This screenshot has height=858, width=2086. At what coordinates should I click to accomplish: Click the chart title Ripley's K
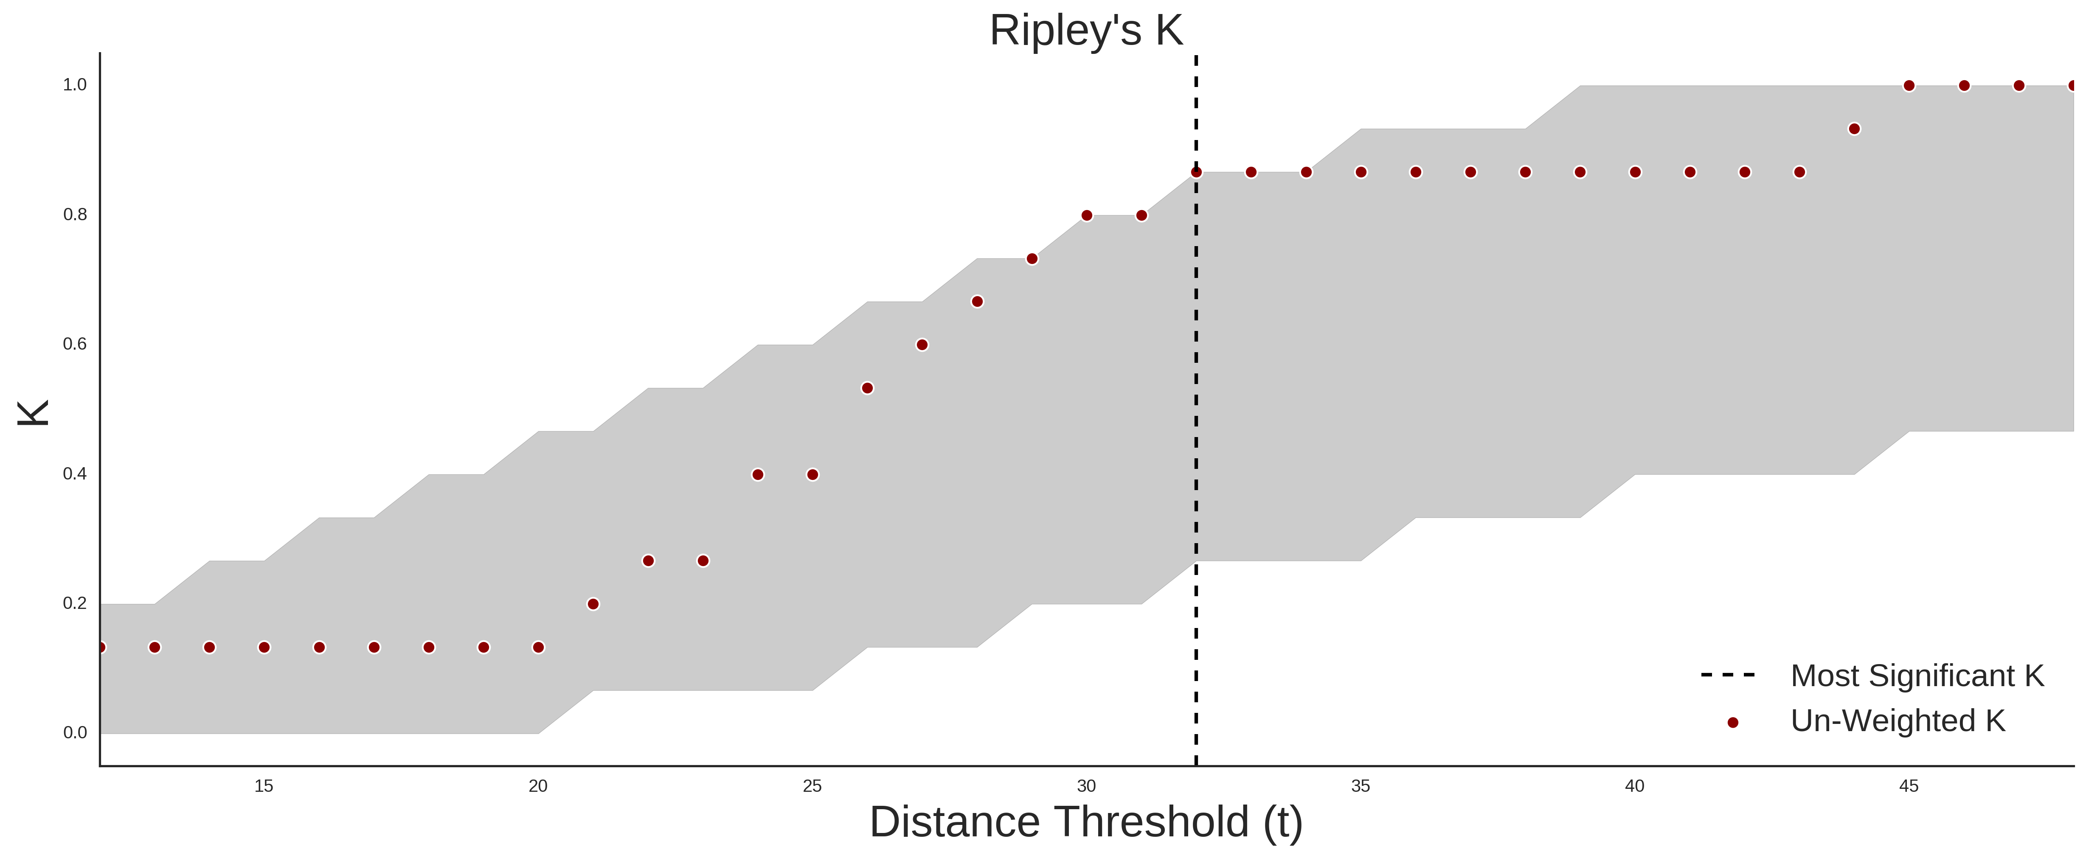click(1086, 31)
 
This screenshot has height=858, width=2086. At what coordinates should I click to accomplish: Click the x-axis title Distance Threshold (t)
click(1086, 822)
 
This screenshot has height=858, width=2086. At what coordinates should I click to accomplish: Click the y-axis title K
click(33, 413)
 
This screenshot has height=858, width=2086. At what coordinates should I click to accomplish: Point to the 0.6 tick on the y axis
click(75, 344)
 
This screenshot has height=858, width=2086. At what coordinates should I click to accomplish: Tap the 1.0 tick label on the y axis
click(75, 85)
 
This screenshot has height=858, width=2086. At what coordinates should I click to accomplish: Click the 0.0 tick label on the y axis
click(75, 732)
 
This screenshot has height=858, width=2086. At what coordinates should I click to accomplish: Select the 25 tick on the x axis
click(812, 786)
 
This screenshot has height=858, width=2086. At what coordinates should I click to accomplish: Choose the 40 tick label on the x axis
click(1635, 786)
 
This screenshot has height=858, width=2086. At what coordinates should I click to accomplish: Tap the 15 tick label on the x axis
click(264, 786)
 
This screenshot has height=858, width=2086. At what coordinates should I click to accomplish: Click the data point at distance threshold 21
click(593, 604)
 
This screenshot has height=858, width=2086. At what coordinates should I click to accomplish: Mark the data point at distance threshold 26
click(867, 388)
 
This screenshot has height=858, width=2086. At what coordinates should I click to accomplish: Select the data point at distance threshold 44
click(1854, 129)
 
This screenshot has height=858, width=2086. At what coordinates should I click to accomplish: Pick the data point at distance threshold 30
click(1087, 215)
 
